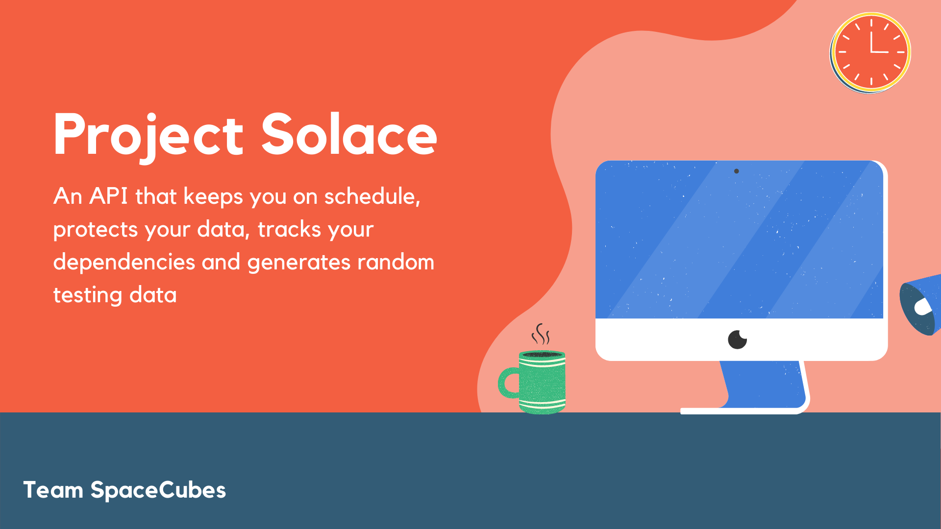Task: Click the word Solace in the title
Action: [348, 135]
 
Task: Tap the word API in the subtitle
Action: [108, 196]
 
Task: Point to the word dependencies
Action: [124, 262]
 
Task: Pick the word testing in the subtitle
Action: [87, 295]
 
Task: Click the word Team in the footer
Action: [53, 490]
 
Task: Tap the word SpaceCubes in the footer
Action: [158, 490]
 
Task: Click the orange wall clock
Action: [870, 52]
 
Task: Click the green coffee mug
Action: [542, 382]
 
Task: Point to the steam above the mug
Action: [541, 335]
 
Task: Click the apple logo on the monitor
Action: [737, 339]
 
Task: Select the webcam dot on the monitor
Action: [736, 171]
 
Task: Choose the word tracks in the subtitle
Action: [289, 230]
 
